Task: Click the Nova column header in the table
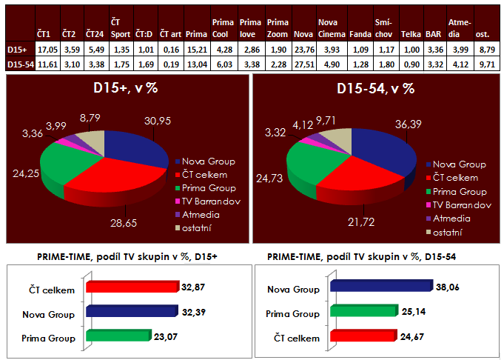pyautogui.click(x=302, y=34)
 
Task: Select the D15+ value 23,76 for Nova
pyautogui.click(x=302, y=50)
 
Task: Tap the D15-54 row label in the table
pyautogui.click(x=18, y=64)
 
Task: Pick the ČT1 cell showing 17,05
pyautogui.click(x=44, y=50)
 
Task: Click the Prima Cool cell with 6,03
pyautogui.click(x=221, y=64)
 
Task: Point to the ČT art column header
pyautogui.click(x=169, y=34)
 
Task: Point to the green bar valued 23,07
pyautogui.click(x=118, y=336)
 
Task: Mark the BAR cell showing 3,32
pyautogui.click(x=434, y=64)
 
